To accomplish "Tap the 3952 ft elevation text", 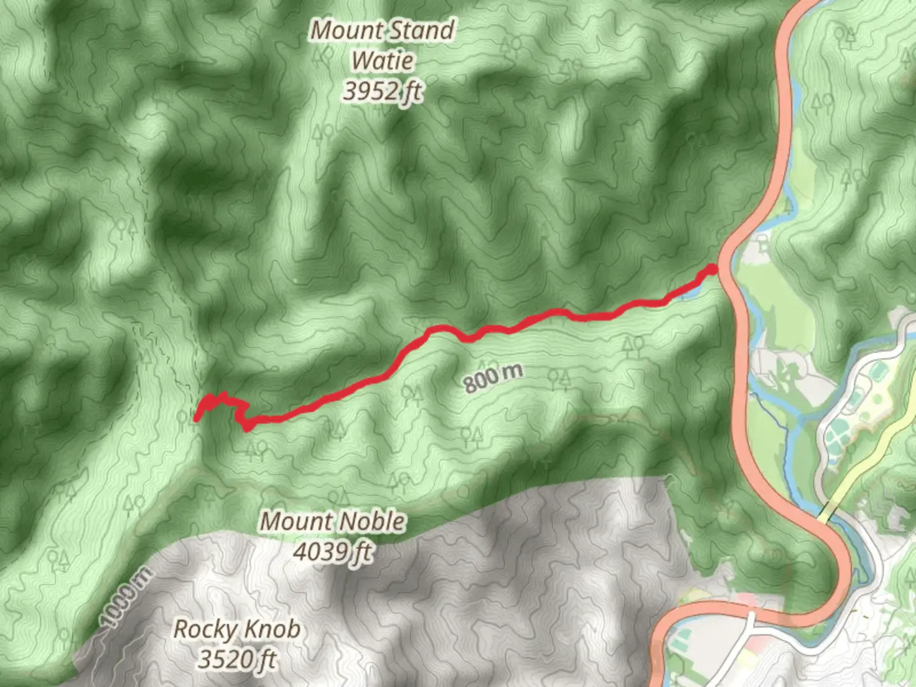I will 382,92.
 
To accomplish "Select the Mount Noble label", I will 333,522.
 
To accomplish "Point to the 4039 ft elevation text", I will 333,552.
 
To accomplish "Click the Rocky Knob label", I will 237,630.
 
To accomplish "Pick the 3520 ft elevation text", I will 237,659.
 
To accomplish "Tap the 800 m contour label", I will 493,378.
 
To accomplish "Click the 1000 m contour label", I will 126,597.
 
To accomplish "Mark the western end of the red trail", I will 197,417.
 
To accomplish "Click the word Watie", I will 382,61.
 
